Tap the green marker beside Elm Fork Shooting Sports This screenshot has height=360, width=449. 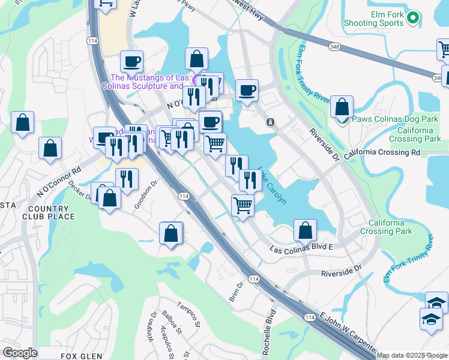click(412, 19)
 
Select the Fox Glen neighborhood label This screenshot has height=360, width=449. click(79, 356)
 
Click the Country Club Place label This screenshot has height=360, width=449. click(49, 212)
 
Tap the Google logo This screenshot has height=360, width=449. click(20, 353)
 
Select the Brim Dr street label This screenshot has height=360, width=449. click(235, 292)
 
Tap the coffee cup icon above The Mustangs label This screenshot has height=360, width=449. click(131, 61)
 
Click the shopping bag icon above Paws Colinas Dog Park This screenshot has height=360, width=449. click(342, 107)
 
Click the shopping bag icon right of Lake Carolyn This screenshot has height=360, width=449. click(306, 229)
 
